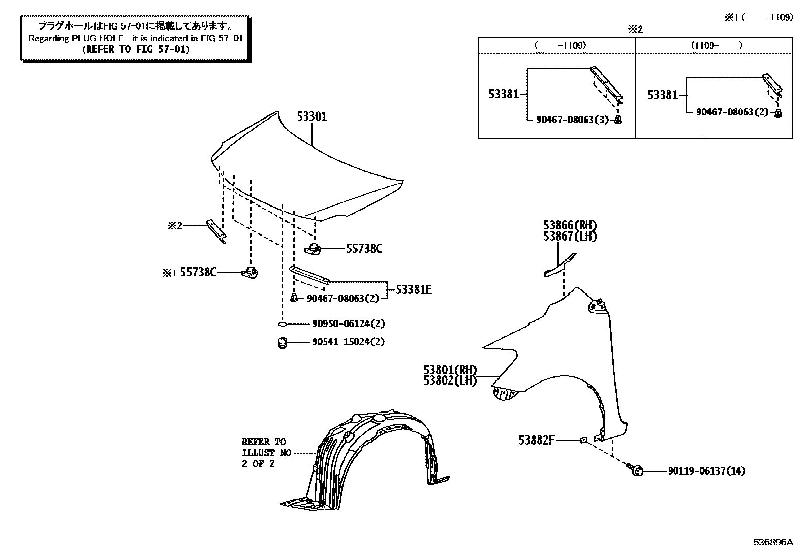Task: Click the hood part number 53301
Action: pos(312,116)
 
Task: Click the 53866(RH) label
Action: pos(570,225)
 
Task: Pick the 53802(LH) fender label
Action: pos(450,380)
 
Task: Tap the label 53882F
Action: pos(537,440)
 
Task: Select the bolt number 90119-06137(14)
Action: pos(706,471)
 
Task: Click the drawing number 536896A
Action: pos(772,542)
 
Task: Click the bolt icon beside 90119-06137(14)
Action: pos(635,470)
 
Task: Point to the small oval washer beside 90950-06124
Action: pos(283,324)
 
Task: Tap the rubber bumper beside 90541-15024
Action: pos(283,343)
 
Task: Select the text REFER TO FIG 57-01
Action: pos(135,49)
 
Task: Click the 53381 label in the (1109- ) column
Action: pos(663,95)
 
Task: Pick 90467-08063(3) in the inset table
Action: pos(572,120)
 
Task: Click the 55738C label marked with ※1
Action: pos(198,273)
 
